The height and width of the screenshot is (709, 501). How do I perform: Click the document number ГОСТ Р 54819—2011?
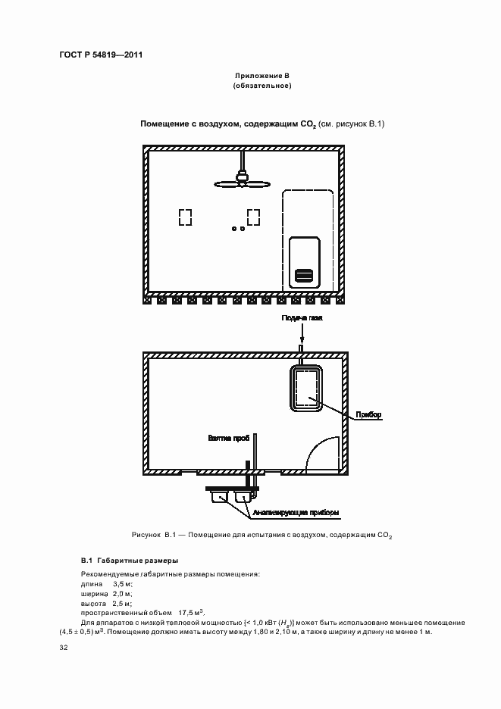pos(101,55)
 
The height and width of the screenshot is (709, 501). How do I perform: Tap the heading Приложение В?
pos(262,76)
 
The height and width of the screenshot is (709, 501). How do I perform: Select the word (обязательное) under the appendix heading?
pos(262,86)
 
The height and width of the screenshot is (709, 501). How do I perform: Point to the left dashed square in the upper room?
pos(185,217)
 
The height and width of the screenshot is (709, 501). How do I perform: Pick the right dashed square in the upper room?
pos(253,217)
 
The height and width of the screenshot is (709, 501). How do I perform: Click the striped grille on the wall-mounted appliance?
pos(304,276)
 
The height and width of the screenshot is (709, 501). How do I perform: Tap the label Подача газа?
pos(302,318)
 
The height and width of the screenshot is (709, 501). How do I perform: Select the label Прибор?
pos(368,414)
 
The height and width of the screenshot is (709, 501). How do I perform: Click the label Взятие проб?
pos(229,438)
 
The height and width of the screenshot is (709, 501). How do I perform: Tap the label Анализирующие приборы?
pos(296,513)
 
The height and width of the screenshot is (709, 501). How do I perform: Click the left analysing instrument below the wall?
pos(220,498)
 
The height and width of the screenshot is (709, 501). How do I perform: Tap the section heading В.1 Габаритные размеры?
pos(130,561)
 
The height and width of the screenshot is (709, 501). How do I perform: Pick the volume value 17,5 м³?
pos(192,613)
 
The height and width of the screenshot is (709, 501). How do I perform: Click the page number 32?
pos(64,648)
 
